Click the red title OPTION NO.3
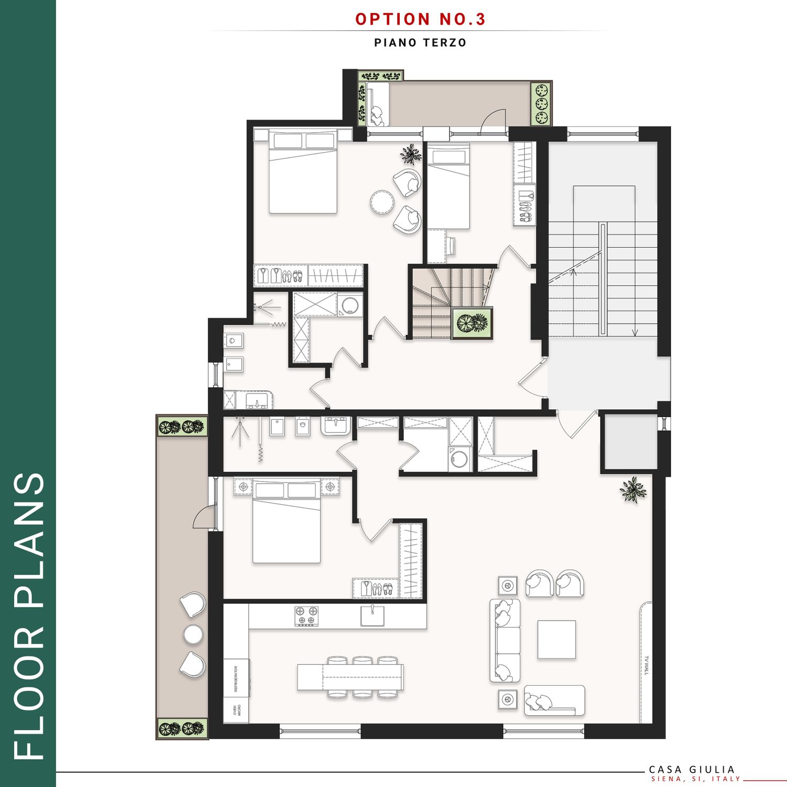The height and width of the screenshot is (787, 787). (420, 19)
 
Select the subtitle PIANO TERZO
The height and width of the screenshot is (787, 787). (420, 42)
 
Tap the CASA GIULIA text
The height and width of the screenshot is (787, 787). (692, 770)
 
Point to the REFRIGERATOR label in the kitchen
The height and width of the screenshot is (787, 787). (236, 679)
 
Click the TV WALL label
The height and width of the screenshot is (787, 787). (647, 665)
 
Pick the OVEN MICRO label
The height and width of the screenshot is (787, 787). (237, 710)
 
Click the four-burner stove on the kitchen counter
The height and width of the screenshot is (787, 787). (306, 616)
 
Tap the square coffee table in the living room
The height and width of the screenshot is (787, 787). (557, 640)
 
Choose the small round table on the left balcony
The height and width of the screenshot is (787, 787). (194, 634)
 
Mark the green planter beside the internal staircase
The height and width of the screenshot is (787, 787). (472, 323)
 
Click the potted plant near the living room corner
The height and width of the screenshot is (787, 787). (633, 490)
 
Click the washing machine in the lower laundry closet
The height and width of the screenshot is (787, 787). (460, 459)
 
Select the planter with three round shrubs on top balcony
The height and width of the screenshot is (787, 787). (541, 104)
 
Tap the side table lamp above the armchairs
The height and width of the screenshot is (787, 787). (507, 584)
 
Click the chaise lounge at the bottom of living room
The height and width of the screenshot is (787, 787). (555, 700)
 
